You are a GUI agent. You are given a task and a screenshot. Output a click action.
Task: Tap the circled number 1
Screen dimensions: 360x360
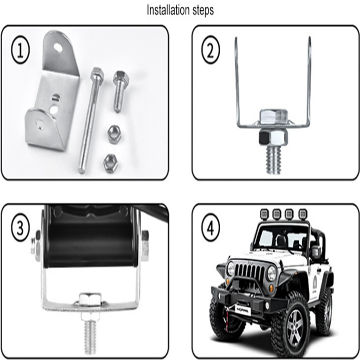(20, 49)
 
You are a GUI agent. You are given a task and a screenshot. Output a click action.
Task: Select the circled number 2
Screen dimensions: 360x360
(210, 49)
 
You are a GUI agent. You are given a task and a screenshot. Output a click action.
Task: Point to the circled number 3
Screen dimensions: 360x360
(20, 227)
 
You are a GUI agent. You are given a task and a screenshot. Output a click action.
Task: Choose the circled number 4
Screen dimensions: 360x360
(211, 227)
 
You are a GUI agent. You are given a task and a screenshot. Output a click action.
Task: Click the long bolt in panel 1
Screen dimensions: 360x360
(91, 120)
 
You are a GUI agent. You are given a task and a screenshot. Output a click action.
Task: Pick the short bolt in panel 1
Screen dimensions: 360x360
(120, 91)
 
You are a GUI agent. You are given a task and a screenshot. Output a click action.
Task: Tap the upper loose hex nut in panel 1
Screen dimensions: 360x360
(114, 134)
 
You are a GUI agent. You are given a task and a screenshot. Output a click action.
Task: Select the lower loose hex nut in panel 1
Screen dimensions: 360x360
(111, 163)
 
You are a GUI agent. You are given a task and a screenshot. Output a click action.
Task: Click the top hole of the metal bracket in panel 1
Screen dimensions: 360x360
(58, 48)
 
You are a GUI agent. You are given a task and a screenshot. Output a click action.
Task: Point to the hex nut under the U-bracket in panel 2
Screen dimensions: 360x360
(273, 137)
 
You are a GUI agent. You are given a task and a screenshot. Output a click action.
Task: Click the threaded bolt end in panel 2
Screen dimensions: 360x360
(274, 160)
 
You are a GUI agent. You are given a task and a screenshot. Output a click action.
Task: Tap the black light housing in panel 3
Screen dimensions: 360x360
(91, 237)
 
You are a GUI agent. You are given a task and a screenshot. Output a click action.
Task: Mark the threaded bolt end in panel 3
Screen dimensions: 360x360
(90, 337)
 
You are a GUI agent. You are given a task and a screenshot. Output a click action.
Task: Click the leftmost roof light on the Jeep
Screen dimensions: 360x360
(265, 214)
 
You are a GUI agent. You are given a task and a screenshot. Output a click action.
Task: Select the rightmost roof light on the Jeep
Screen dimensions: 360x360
(303, 214)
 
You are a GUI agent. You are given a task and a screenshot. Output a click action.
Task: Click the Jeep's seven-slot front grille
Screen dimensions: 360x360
(250, 273)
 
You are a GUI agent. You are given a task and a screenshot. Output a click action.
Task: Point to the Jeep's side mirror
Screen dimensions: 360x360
(316, 252)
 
